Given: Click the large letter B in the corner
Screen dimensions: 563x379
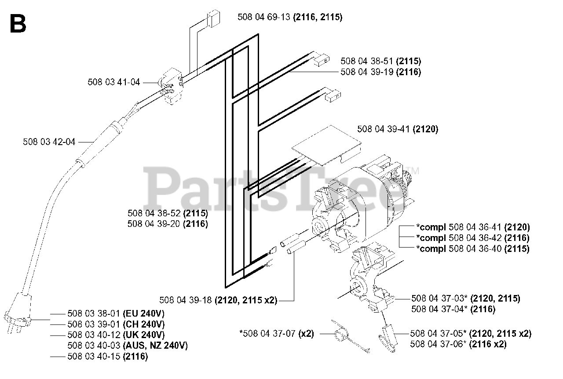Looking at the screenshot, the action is pos(18,24).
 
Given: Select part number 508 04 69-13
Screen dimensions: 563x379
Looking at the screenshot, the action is pos(264,17).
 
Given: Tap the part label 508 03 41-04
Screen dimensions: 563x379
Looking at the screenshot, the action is pos(113,82).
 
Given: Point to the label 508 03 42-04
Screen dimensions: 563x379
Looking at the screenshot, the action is pos(49,142).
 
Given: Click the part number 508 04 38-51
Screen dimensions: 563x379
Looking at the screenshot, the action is pos(367,61).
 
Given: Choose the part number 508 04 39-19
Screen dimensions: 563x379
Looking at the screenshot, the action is pos(367,72).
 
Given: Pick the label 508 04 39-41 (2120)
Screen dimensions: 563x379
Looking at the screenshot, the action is pos(398,129).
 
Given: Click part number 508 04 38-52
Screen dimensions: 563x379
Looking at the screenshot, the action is pos(154,213).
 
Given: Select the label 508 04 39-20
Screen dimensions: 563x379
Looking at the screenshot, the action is pos(154,224).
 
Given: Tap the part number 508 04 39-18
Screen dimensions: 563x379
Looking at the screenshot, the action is pos(186,300).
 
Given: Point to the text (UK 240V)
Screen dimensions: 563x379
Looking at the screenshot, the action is pos(144,335).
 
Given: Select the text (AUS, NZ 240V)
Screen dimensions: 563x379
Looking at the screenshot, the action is pos(155,346).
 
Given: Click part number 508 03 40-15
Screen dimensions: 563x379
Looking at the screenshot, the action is pos(94,357).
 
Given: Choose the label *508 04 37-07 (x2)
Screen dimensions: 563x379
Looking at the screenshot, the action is pos(277,334).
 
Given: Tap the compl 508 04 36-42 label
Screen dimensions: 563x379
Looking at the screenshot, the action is pos(473,238).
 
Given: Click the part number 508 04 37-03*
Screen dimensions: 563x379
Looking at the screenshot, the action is pos(439,299).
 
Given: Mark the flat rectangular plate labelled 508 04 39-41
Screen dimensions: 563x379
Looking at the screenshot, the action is pos(326,145).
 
